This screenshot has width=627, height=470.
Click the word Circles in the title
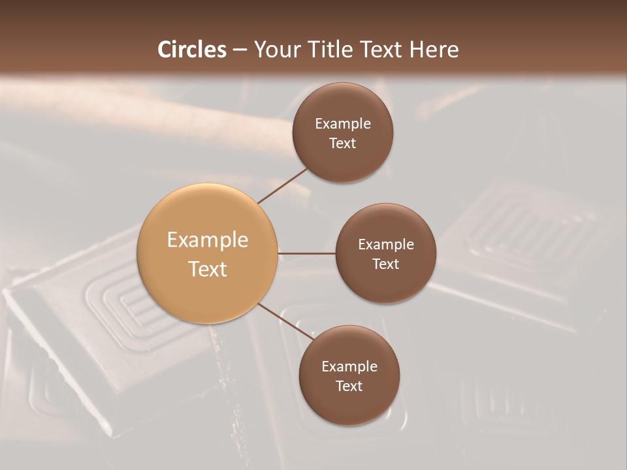[192, 50]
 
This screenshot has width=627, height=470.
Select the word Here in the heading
[434, 50]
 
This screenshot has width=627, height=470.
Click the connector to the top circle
[282, 185]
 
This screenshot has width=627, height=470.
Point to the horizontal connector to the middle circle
[307, 253]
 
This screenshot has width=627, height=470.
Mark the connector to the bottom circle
[286, 321]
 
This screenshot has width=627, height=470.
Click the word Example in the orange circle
[208, 240]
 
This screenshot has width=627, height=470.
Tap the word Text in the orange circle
[208, 269]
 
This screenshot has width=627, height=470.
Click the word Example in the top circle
[343, 124]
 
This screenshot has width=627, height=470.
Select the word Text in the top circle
[343, 144]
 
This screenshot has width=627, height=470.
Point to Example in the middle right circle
[386, 245]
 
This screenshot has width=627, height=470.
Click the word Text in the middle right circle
[386, 264]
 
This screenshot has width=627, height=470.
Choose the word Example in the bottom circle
[349, 367]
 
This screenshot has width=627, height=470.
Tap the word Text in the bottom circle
[349, 386]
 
